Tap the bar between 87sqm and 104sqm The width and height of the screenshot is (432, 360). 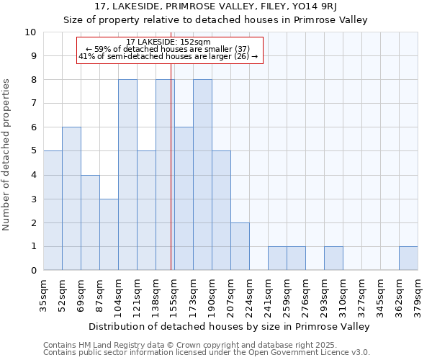[109, 235]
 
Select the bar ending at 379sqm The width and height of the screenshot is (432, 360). [408, 258]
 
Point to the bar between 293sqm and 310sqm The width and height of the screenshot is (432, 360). [333, 258]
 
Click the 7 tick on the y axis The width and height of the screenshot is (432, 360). [32, 104]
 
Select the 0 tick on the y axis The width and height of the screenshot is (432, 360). [32, 271]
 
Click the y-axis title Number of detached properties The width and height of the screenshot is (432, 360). [7, 156]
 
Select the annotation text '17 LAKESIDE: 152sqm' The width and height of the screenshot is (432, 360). [168, 42]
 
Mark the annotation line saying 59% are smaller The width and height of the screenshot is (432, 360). [168, 49]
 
